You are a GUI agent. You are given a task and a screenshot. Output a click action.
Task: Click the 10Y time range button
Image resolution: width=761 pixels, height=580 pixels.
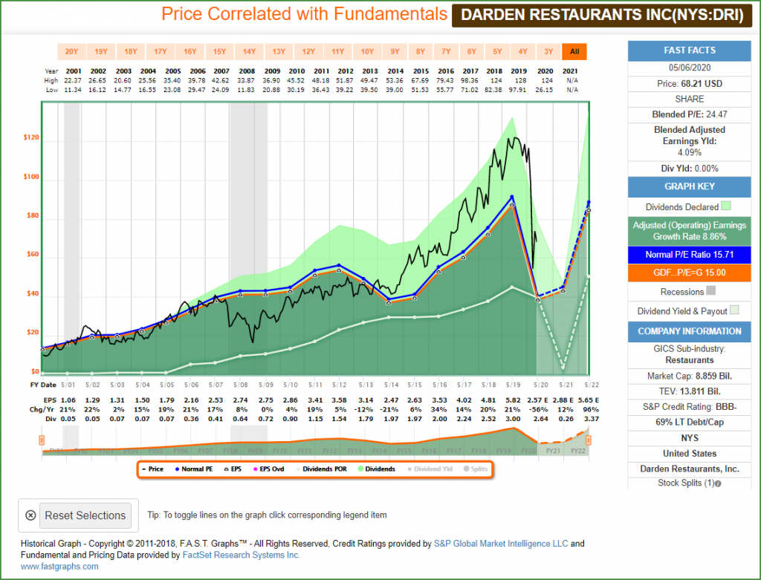(x=367, y=51)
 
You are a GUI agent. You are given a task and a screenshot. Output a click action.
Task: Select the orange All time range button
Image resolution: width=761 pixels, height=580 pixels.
(x=574, y=51)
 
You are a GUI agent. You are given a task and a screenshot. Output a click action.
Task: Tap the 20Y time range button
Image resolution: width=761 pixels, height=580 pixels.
(x=71, y=51)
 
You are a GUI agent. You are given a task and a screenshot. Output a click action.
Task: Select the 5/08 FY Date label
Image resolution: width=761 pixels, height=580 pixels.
(x=241, y=385)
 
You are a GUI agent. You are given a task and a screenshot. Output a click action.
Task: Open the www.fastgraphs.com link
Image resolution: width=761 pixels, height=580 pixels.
(x=59, y=566)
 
